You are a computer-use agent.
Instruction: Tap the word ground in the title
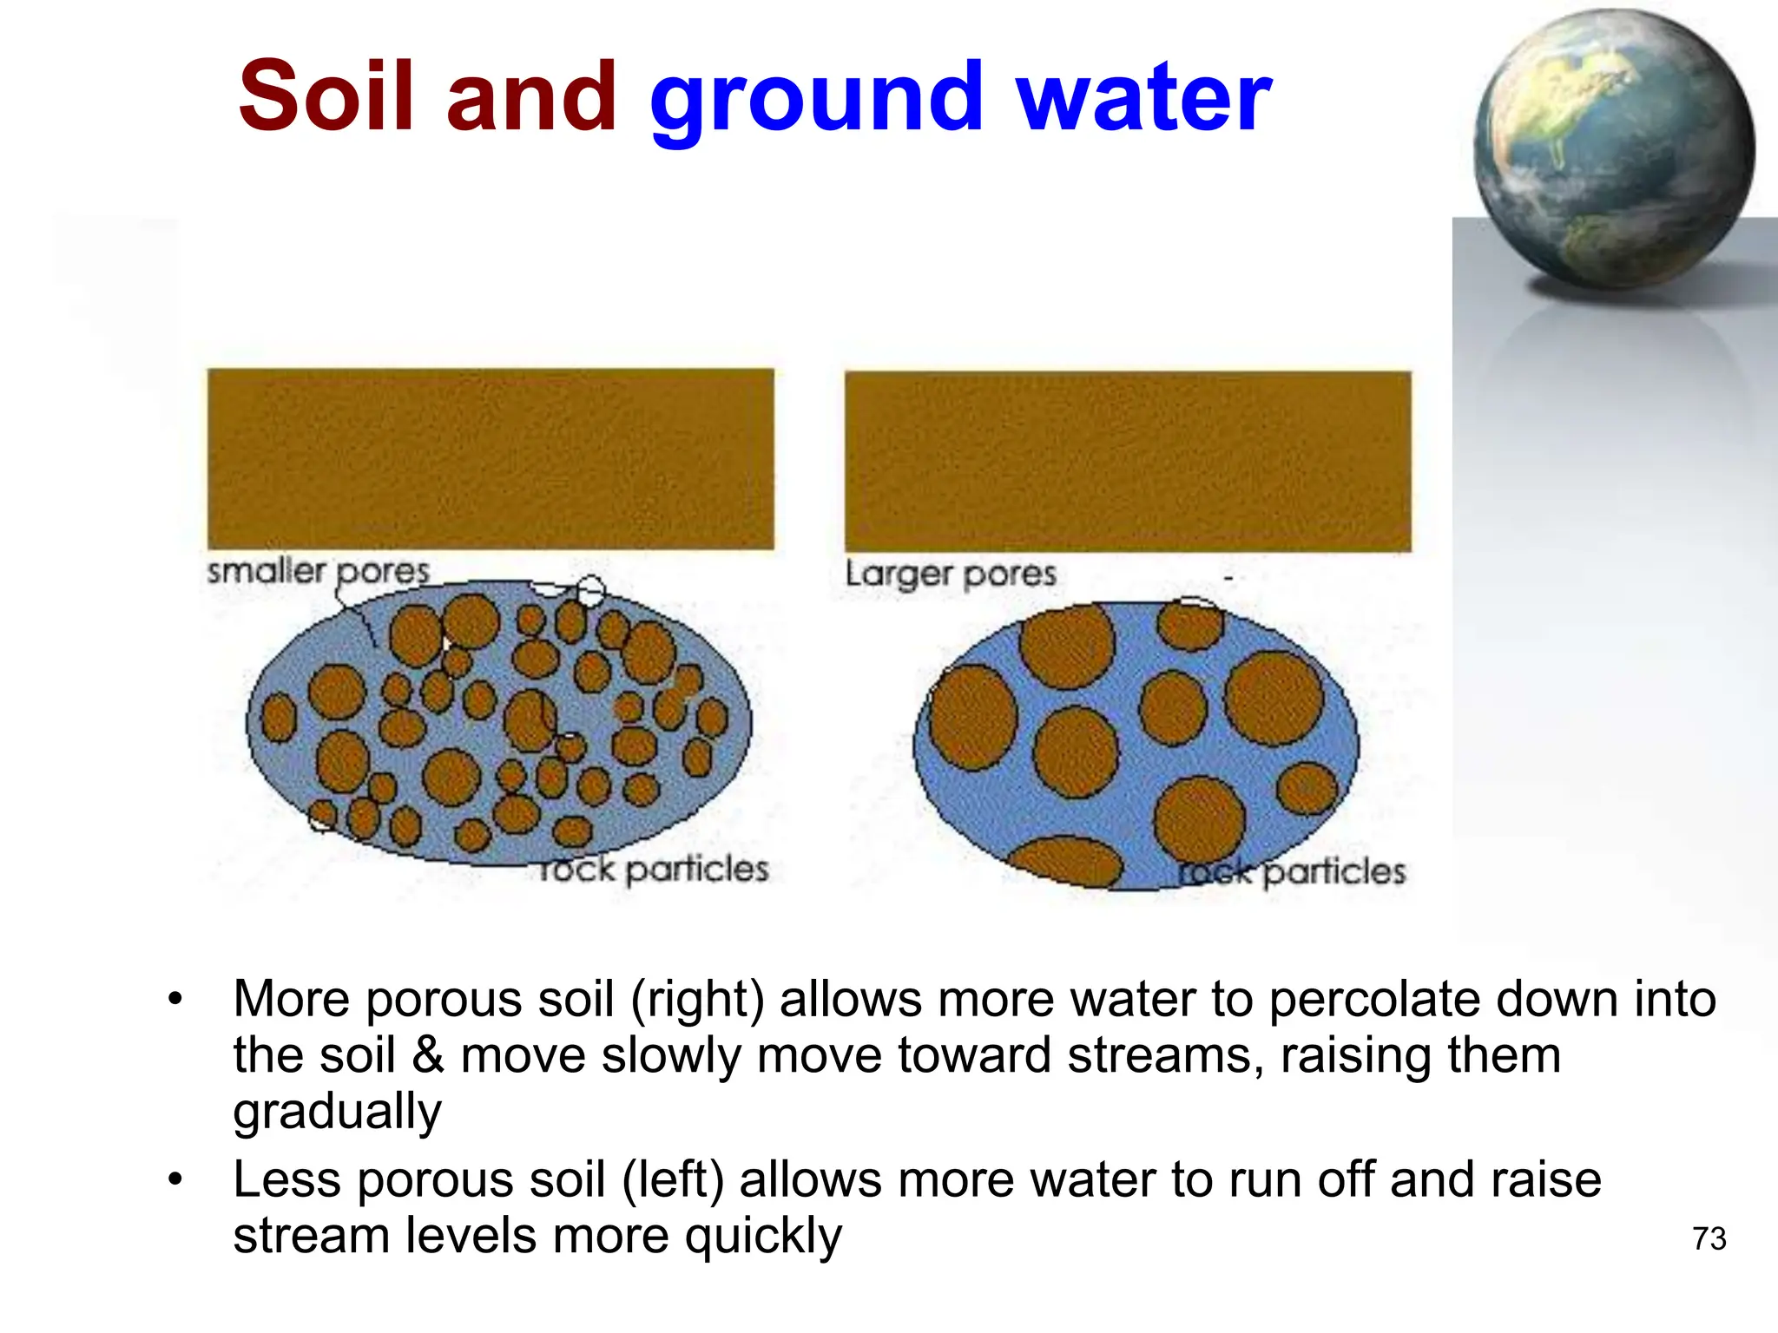point(816,100)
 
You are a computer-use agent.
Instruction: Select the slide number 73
point(1709,1238)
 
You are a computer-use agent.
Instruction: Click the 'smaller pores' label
point(318,571)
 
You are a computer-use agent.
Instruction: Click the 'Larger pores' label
point(950,574)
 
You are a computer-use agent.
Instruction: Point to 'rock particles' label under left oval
point(653,869)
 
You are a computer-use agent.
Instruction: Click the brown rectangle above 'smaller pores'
point(491,458)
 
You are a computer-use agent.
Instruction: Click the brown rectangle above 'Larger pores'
point(1127,461)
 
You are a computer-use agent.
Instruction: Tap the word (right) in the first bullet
point(697,999)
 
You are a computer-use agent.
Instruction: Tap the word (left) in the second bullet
point(673,1180)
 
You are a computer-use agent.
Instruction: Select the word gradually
point(337,1113)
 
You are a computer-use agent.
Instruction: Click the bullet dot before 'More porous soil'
point(175,1000)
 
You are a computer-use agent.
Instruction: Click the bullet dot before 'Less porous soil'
point(175,1180)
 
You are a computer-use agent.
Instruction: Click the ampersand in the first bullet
point(428,1055)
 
